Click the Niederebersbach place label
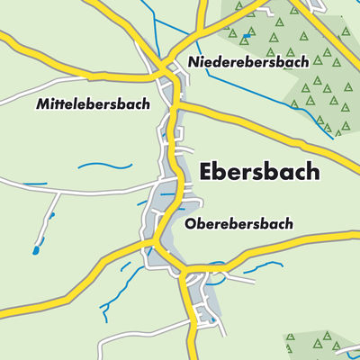pos(248,62)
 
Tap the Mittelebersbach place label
pos(94,104)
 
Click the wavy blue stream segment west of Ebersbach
pos(103,166)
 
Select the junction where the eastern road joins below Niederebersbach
pos(177,105)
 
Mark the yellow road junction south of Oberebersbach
pos(184,270)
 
